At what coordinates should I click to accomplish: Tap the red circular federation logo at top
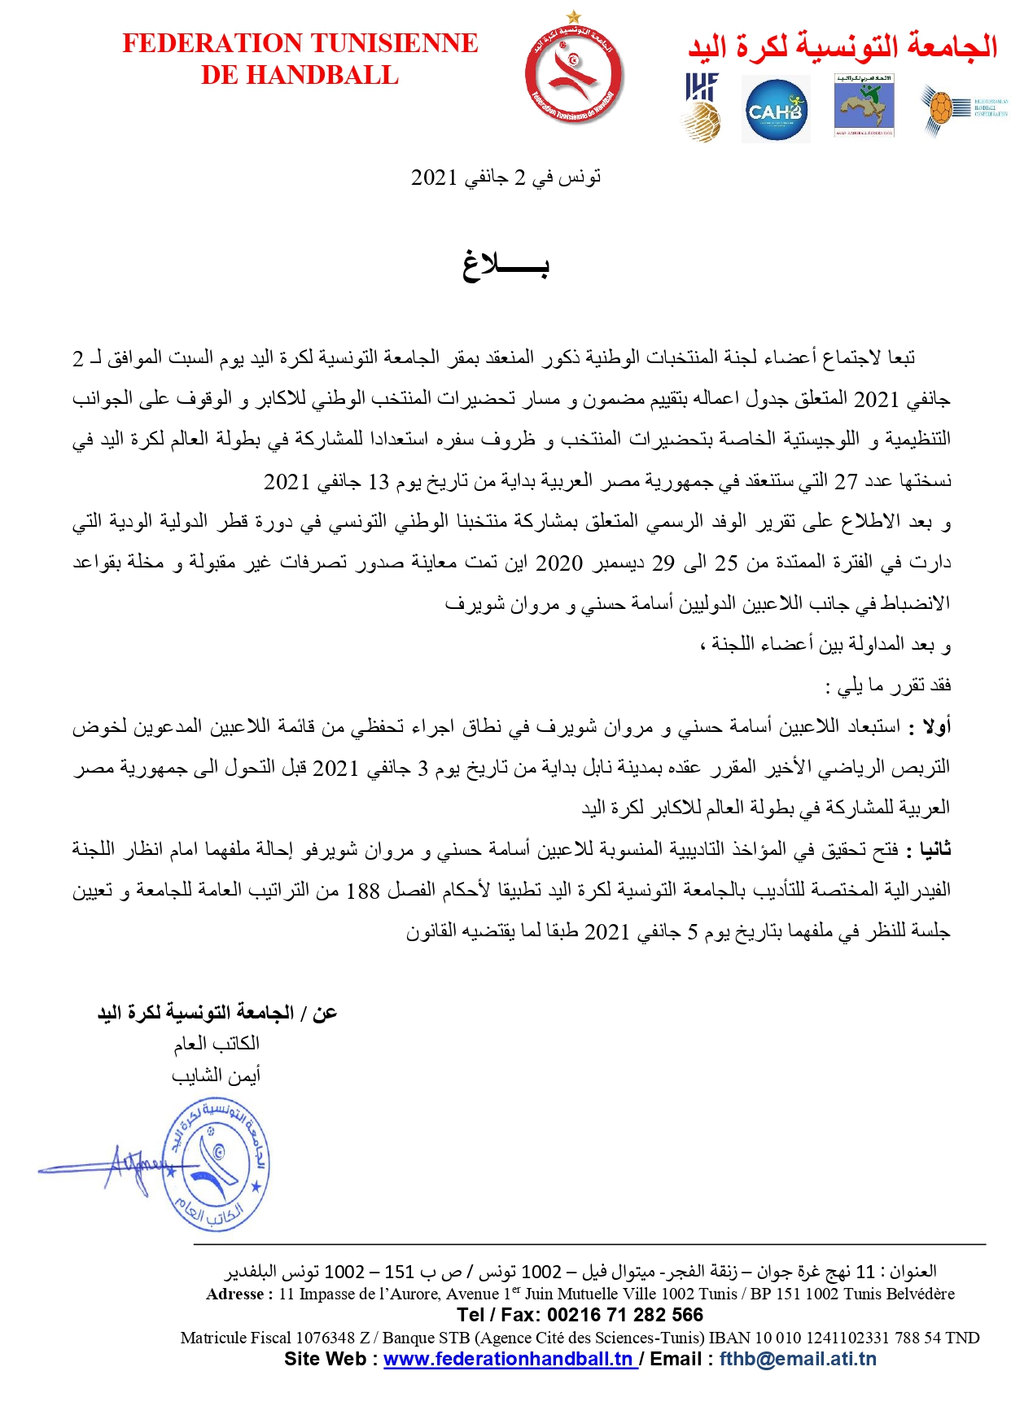(x=574, y=76)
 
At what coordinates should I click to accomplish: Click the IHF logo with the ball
(x=701, y=107)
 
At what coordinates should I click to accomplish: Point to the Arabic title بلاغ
(x=505, y=265)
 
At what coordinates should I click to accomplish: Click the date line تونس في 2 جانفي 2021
(x=505, y=177)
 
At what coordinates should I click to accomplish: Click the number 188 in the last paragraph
(x=363, y=891)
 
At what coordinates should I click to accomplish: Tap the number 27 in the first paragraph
(x=847, y=481)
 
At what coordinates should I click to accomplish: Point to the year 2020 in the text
(x=558, y=563)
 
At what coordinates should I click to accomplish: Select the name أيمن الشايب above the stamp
(x=216, y=1075)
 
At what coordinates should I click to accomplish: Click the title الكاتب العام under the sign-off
(x=217, y=1043)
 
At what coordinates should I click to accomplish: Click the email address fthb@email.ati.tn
(x=798, y=1359)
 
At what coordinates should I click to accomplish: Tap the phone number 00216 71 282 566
(x=625, y=1315)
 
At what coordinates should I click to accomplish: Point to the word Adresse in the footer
(x=235, y=1294)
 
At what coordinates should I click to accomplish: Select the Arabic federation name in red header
(x=842, y=46)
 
